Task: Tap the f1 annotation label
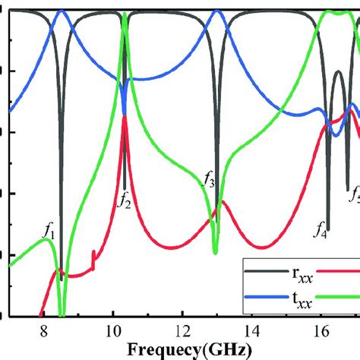point(49,227)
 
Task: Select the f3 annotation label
point(209,179)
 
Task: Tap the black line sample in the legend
point(258,270)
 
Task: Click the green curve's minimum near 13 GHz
point(215,251)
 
